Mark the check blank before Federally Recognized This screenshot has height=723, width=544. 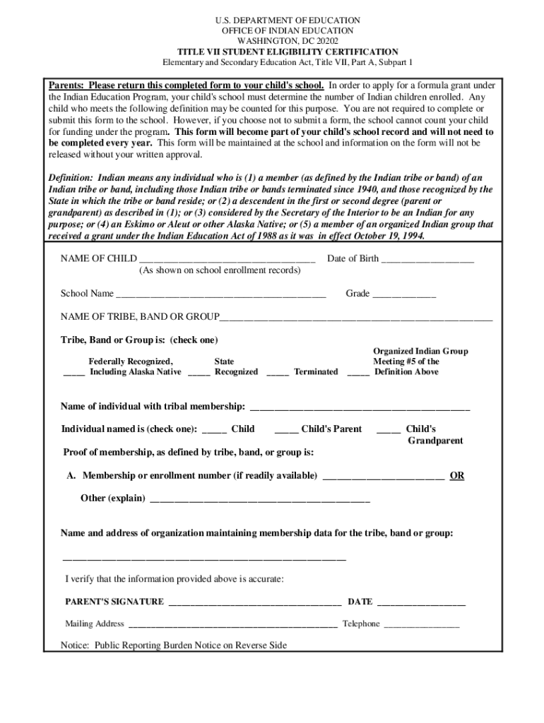(74, 374)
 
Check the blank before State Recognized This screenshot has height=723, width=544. (199, 374)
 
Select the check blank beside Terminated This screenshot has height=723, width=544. (278, 374)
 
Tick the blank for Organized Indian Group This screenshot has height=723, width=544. (358, 374)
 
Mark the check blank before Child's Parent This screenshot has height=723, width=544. (286, 431)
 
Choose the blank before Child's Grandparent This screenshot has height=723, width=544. (389, 431)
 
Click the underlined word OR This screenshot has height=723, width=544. (457, 476)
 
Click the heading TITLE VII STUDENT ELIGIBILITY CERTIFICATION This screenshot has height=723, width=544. (288, 52)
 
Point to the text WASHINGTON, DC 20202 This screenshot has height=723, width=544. (288, 42)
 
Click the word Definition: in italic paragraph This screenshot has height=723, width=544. (71, 179)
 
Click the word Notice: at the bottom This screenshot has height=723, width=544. (76, 645)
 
